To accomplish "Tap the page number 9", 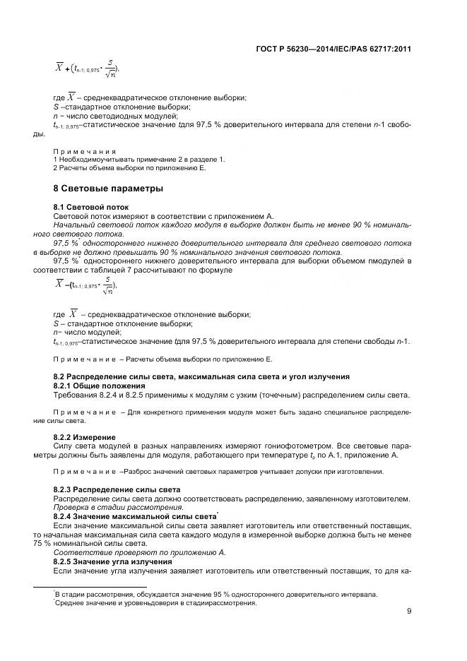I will tap(409, 612).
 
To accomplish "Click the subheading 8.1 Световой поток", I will tap(85, 207).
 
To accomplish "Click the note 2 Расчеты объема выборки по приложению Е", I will tap(129, 168).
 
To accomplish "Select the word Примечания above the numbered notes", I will tap(84, 151).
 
